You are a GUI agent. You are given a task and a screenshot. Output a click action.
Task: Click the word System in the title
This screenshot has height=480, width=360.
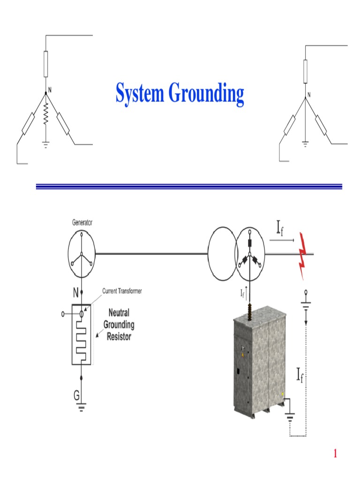point(140,93)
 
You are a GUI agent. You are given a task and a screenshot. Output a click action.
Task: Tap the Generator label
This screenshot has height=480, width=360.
point(82,223)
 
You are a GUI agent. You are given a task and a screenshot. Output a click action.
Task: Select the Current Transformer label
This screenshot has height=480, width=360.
point(122,291)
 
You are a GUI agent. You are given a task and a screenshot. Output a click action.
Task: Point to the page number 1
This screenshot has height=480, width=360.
point(335,453)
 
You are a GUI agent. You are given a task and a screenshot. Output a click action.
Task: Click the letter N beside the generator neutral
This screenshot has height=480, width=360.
point(75,293)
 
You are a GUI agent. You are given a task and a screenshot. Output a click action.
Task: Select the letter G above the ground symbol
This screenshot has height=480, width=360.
point(76,395)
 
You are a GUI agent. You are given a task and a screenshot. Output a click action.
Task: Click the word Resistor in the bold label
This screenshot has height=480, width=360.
point(119,336)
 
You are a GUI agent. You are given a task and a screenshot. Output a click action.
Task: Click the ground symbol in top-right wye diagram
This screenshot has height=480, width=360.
point(305,143)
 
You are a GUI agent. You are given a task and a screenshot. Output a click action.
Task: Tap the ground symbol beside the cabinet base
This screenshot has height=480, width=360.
point(291,414)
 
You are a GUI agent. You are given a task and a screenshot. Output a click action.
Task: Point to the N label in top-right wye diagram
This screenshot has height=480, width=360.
point(308,95)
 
